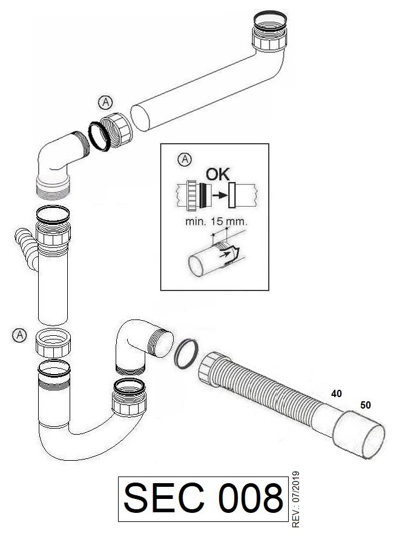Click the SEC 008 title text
coord(203,498)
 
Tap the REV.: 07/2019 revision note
coord(296,500)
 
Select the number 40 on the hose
coord(337,393)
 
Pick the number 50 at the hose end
coord(366,405)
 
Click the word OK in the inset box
coord(218,174)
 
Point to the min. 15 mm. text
coord(216,221)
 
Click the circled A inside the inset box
coord(185,159)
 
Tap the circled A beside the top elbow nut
coord(105,102)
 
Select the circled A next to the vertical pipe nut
coord(19,335)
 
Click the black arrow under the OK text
coord(220,195)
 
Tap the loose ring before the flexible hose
coord(186,353)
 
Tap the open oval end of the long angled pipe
coord(140,119)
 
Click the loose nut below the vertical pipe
coord(53,343)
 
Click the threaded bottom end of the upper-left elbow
coord(53,189)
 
